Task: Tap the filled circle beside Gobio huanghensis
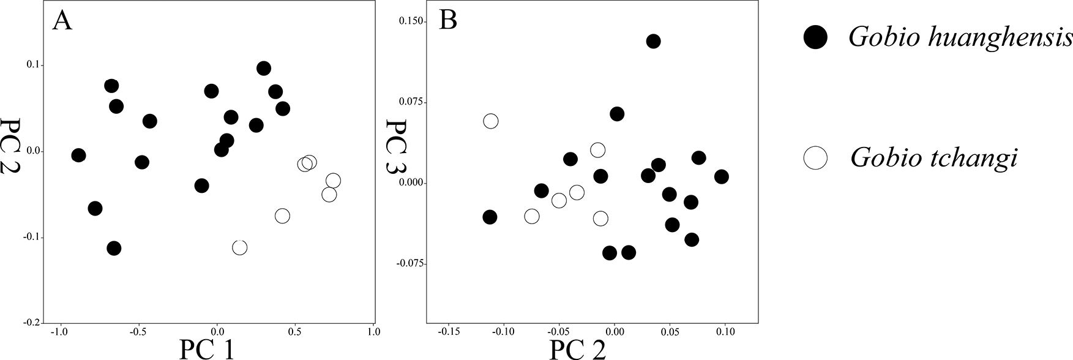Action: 815,37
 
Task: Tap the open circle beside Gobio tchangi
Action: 815,159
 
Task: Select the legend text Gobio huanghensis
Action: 960,37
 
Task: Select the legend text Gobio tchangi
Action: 933,159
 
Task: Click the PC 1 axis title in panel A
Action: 206,348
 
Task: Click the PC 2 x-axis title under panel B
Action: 577,349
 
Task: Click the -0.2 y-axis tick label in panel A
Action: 32,323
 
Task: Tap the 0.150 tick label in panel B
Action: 411,21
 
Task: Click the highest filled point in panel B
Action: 653,41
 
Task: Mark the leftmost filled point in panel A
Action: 78,156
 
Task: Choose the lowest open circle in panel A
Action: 240,247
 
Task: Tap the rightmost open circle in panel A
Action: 333,181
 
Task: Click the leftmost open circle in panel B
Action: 491,121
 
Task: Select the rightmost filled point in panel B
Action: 722,177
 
